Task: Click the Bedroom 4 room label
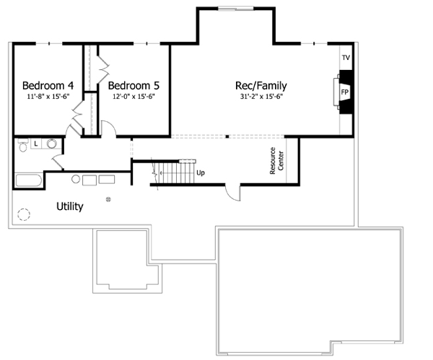tap(48, 83)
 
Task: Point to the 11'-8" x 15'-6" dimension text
tap(48, 95)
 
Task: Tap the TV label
tap(346, 57)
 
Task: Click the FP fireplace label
tap(345, 93)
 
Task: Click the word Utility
tap(70, 206)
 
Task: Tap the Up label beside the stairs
tap(200, 173)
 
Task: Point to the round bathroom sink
tap(52, 144)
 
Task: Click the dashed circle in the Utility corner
tap(25, 215)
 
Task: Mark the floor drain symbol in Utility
tap(108, 198)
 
